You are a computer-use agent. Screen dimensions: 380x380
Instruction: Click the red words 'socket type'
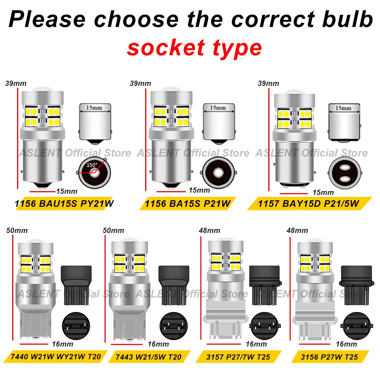coord(194,48)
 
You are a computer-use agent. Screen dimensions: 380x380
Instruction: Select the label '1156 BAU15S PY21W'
coord(64,204)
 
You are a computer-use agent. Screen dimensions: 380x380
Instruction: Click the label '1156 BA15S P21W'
coord(188,204)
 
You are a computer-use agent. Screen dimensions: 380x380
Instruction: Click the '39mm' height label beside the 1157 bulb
coord(268,83)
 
